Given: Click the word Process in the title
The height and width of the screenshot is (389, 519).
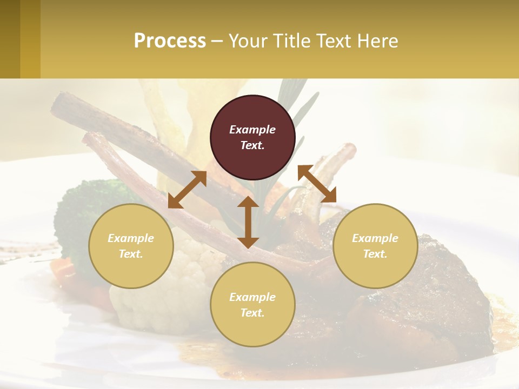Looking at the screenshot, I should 170,41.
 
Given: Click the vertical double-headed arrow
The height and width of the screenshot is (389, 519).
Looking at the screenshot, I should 248,222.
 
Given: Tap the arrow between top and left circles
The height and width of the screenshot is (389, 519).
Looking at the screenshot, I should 187,190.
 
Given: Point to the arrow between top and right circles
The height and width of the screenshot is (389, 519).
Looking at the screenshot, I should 317,184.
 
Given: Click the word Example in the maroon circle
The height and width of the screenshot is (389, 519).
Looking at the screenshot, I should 252,130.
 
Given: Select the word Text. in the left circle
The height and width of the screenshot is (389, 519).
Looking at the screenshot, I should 131,254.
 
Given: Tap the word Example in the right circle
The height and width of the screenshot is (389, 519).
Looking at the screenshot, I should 375,238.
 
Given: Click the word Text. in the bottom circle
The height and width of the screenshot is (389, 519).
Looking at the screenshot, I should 252,313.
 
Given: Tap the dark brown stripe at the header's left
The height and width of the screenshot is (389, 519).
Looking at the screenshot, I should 10,39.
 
